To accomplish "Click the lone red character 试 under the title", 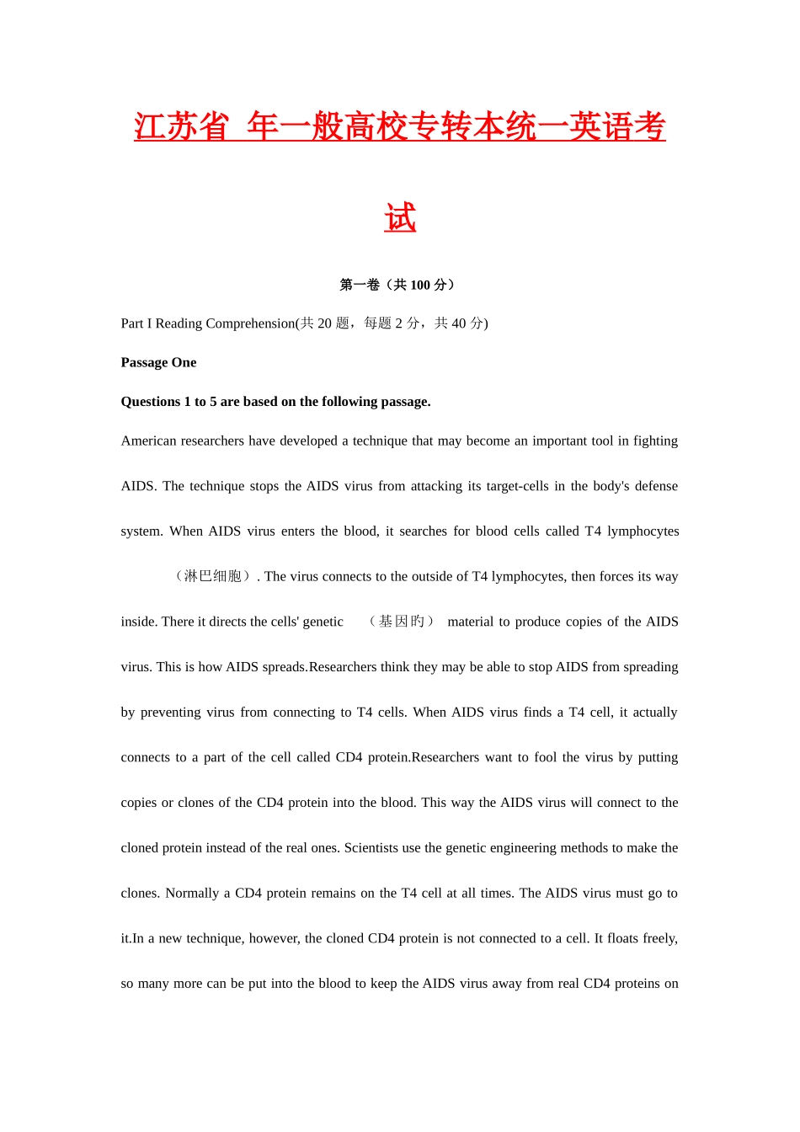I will click(x=400, y=218).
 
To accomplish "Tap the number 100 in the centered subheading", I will click(x=420, y=285).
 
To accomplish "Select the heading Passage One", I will click(x=158, y=362).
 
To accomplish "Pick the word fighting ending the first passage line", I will click(x=655, y=441).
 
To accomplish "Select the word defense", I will click(x=656, y=486).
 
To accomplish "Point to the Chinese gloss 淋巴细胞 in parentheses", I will click(x=213, y=576).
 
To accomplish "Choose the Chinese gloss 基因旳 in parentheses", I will click(x=402, y=622).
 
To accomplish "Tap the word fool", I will click(x=545, y=757).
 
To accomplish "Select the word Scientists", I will click(x=371, y=848).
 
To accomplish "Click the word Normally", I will click(x=192, y=893).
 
